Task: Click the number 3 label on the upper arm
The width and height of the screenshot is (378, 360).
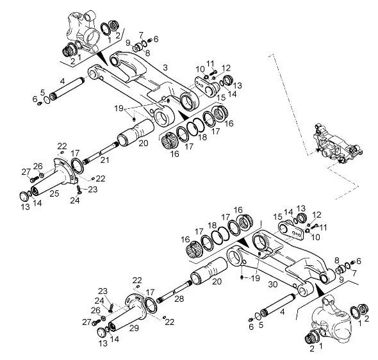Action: (165, 67)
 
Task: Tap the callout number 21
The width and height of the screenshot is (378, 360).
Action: (104, 159)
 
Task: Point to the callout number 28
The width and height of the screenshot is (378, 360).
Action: (179, 299)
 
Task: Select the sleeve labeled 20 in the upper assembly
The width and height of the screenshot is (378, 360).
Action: (135, 133)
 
